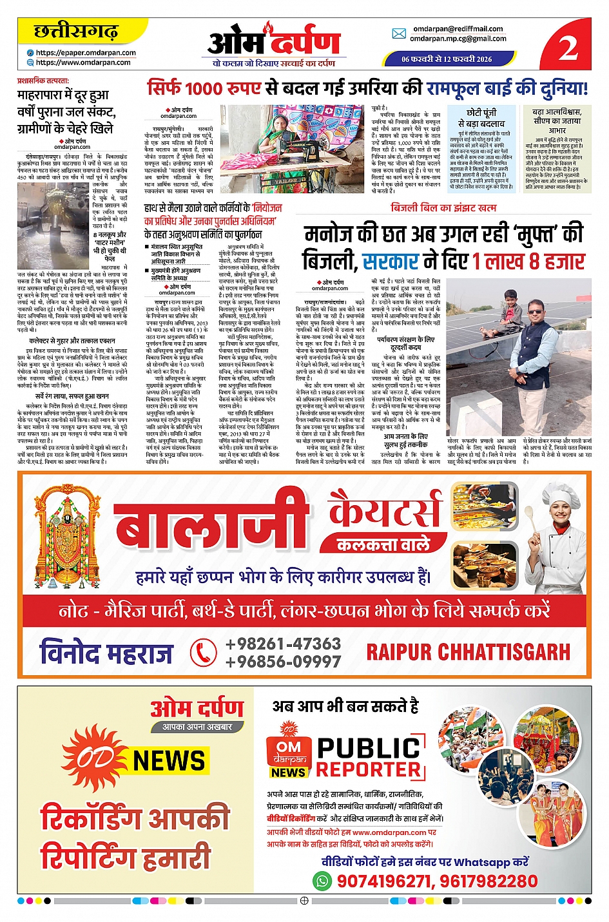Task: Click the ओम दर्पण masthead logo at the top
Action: (x=273, y=41)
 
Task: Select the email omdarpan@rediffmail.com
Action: (x=458, y=29)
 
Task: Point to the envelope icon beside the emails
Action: (x=399, y=34)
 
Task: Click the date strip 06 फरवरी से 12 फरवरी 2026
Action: (x=447, y=59)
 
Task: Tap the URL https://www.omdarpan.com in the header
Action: (x=83, y=62)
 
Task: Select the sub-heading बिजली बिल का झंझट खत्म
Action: (x=443, y=207)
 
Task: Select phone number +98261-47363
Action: (x=283, y=643)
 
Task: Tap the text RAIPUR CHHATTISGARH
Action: (x=468, y=652)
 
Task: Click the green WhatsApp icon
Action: (x=322, y=880)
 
